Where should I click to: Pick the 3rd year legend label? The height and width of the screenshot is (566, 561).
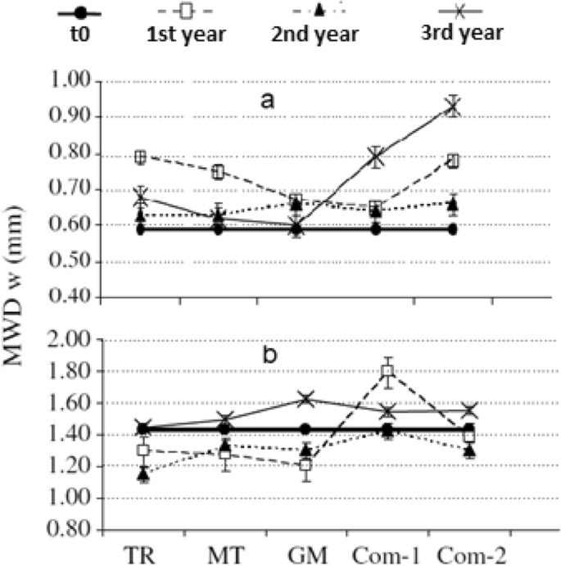tap(459, 34)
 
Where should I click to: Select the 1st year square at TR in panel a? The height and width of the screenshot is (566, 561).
tap(141, 156)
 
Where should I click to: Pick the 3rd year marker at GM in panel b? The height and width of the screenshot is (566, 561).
tap(305, 399)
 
